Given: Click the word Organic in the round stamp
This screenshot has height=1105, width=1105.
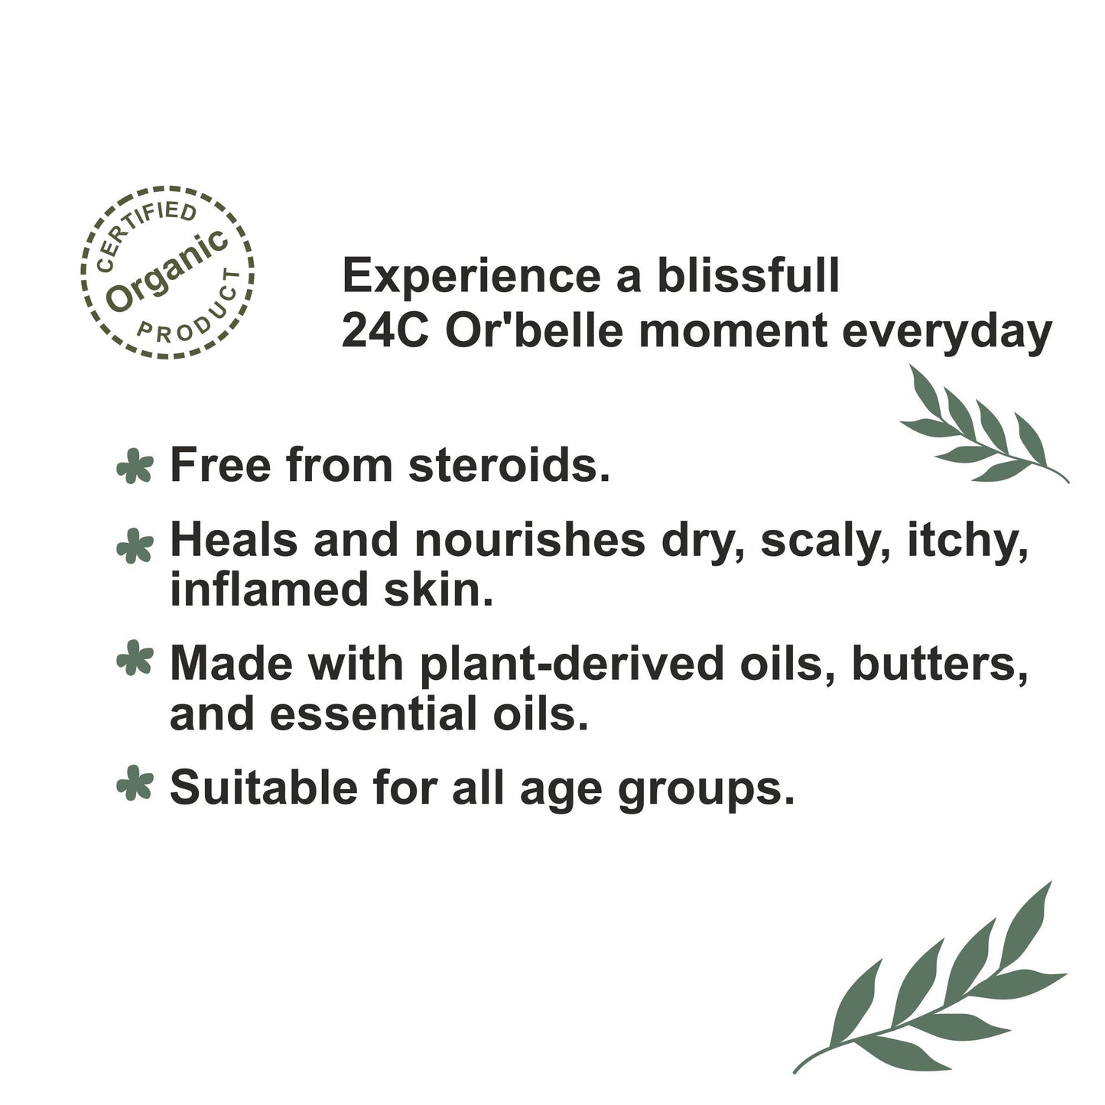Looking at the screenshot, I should tap(166, 271).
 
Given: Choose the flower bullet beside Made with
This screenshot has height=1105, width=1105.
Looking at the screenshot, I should tap(135, 659).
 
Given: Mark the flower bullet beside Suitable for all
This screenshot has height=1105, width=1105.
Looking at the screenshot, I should tap(135, 783).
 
